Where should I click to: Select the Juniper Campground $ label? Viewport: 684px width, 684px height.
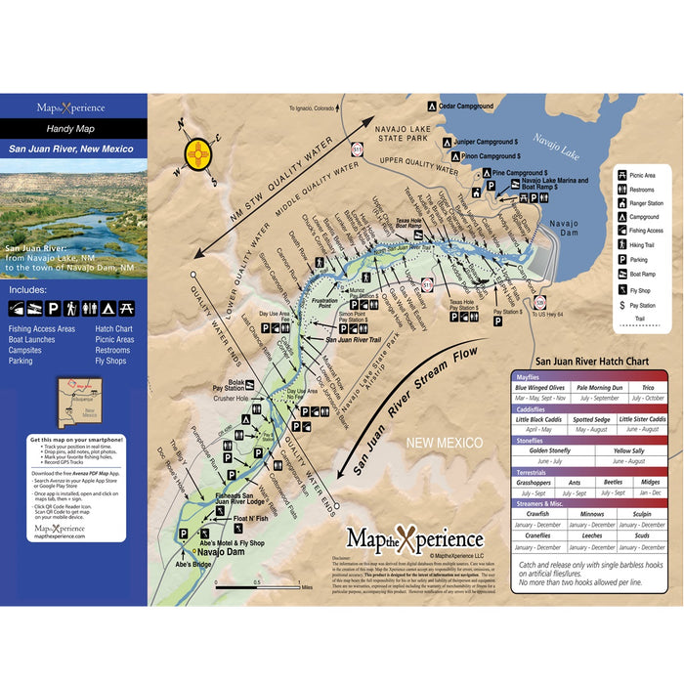click(x=489, y=142)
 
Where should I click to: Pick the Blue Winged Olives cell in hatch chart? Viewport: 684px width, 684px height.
click(x=540, y=388)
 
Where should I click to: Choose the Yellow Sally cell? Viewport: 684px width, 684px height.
click(x=628, y=450)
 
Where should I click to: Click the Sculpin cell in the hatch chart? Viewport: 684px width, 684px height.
click(x=642, y=513)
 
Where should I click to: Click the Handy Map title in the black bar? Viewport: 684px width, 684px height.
click(x=73, y=128)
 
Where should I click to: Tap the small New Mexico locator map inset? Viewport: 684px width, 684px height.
click(x=74, y=401)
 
